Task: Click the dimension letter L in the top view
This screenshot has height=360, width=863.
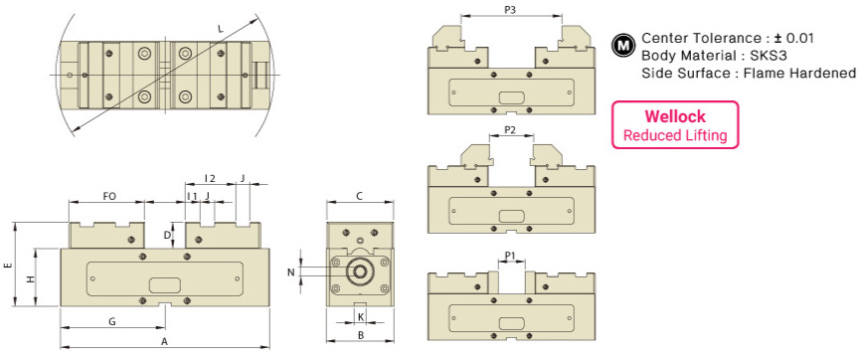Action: click(220, 29)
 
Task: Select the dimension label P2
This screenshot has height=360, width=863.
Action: click(509, 130)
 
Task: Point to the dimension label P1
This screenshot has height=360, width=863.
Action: click(510, 256)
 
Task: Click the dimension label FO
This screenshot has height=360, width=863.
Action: click(109, 196)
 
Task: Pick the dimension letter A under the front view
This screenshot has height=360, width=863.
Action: click(164, 340)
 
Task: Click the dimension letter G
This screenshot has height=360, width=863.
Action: click(112, 321)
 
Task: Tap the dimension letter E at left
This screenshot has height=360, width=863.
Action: click(8, 268)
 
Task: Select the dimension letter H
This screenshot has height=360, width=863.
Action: click(30, 280)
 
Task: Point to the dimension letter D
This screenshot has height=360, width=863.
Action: click(167, 235)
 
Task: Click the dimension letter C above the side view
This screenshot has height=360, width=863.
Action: click(359, 196)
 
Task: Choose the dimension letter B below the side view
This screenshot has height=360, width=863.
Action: click(359, 338)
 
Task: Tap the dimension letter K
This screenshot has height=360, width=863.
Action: click(361, 316)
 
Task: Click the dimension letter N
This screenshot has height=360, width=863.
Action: click(291, 270)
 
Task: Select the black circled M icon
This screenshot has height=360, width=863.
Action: click(623, 45)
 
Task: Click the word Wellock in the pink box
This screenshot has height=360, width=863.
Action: click(674, 116)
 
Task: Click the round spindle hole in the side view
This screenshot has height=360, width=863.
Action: click(358, 270)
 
